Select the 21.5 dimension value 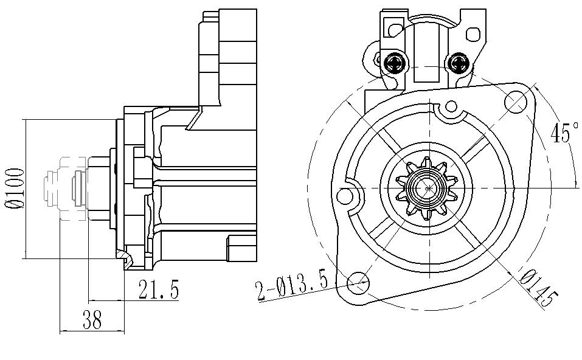coord(158,290)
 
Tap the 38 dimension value coord(92,320)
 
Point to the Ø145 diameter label coord(538,288)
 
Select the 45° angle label coord(564,133)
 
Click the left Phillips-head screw coord(395,61)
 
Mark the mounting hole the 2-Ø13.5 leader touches coord(359,281)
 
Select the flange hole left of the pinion coord(345,195)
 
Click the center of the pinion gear coord(428,189)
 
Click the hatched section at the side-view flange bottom coord(126,258)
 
